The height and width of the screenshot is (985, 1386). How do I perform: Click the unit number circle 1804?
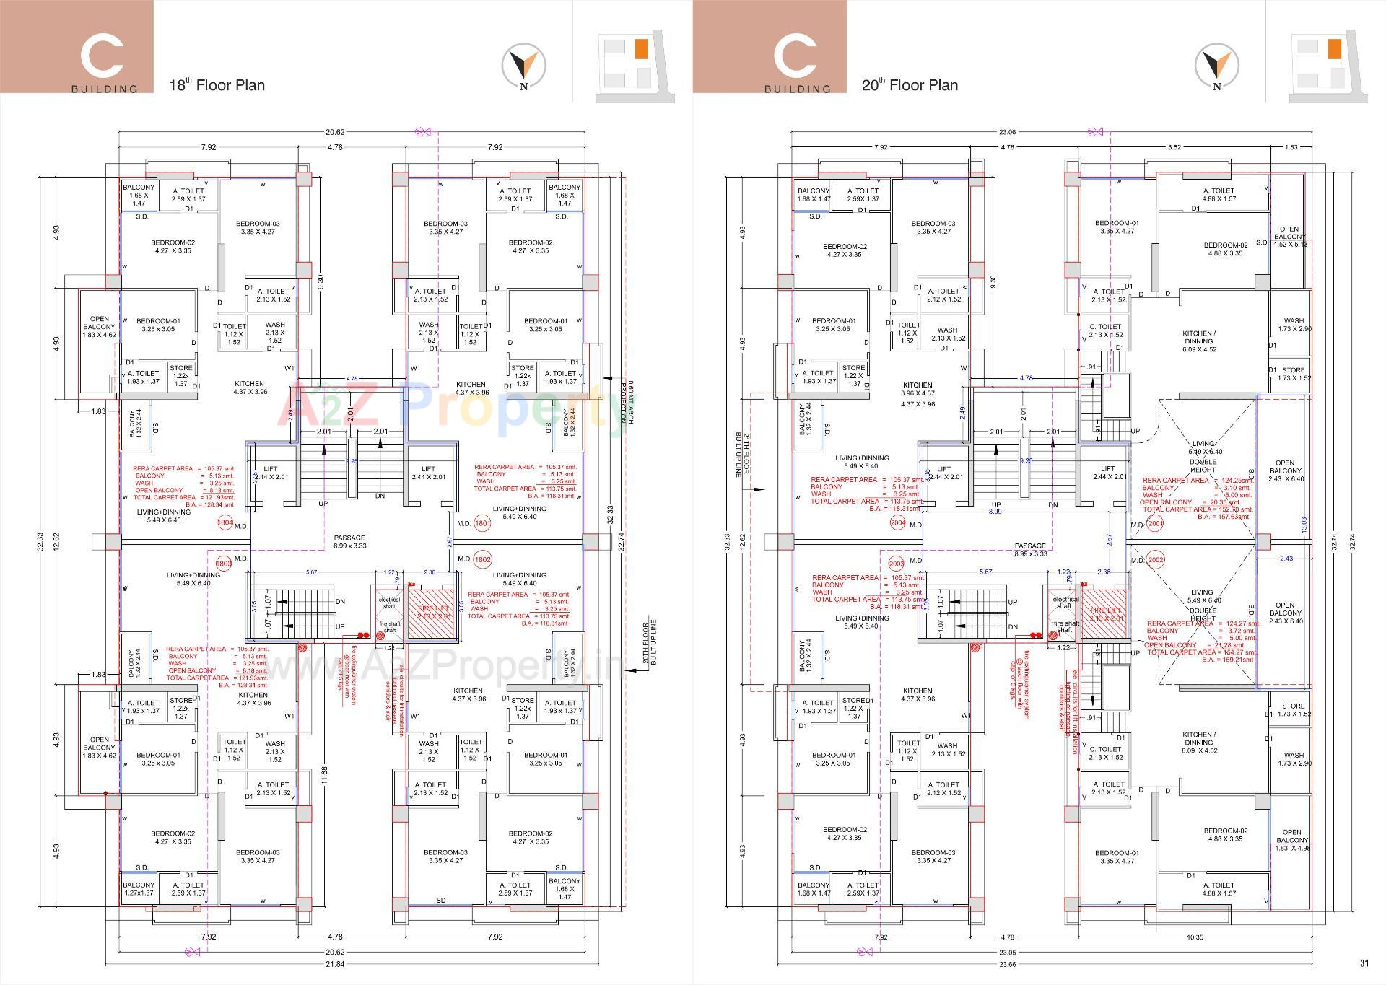click(225, 523)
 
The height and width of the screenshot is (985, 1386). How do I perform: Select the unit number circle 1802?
click(483, 559)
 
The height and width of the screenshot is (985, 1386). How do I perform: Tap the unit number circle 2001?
click(1155, 524)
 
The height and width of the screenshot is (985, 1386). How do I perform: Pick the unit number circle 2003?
click(897, 564)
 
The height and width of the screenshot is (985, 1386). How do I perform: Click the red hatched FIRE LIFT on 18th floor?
click(432, 613)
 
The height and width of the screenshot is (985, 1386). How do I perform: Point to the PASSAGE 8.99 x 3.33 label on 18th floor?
click(349, 541)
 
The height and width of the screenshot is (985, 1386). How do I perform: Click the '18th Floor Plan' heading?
click(217, 85)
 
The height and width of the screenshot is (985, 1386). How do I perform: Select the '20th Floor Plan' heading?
click(910, 85)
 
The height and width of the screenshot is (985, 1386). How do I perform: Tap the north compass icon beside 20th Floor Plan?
click(1216, 66)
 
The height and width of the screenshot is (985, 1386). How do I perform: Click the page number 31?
click(1364, 963)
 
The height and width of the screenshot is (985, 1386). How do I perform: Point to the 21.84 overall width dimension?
click(335, 964)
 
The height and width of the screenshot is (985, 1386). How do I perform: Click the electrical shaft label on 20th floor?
click(1065, 602)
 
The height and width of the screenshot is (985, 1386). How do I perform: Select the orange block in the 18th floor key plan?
click(641, 49)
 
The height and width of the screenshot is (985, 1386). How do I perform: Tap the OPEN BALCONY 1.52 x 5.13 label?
click(1289, 237)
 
